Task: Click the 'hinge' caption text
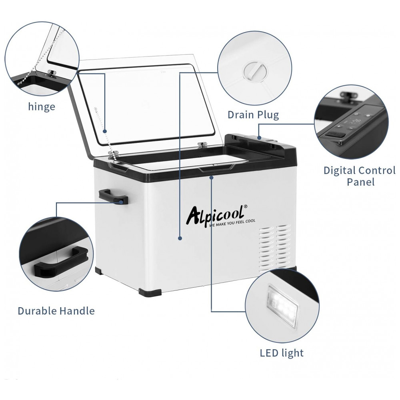click(42, 107)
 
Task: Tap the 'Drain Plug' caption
click(253, 115)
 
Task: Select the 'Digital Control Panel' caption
click(360, 176)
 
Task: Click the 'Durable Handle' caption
click(56, 311)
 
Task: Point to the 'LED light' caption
click(282, 353)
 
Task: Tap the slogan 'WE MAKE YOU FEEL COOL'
click(232, 224)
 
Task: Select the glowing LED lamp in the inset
click(283, 304)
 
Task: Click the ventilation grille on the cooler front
click(275, 248)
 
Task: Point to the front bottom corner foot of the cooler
click(150, 292)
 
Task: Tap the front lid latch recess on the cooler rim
click(217, 168)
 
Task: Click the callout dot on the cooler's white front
click(180, 238)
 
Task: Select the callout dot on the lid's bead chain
click(104, 131)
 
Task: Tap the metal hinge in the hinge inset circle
click(52, 73)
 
